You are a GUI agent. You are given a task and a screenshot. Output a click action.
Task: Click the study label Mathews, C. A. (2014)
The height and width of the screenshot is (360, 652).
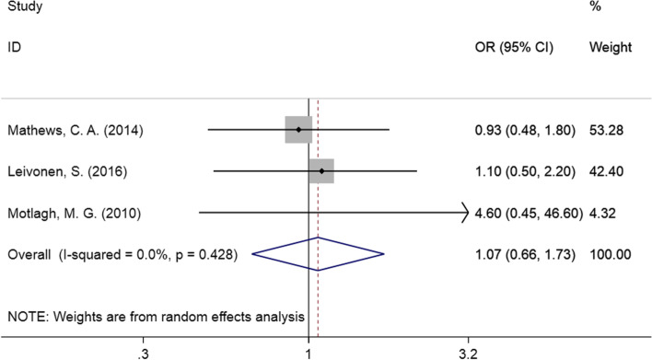69,130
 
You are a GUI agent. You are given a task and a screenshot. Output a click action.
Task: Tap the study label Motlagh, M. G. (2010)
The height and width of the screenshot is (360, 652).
67,214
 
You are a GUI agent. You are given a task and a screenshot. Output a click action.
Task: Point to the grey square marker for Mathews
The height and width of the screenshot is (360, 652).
298,130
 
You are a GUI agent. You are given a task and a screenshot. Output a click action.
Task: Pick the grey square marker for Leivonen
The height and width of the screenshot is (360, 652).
321,171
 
